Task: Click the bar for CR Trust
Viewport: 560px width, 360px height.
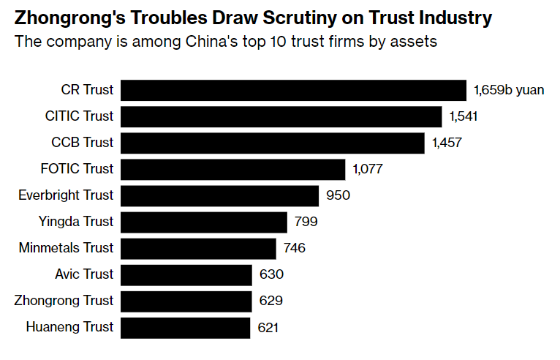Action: pos(293,90)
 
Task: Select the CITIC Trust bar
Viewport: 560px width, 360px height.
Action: pos(281,116)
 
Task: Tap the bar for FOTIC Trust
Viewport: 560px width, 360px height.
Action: pos(232,169)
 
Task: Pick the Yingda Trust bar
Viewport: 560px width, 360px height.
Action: pos(204,222)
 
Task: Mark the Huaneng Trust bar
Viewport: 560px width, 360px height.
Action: pos(185,327)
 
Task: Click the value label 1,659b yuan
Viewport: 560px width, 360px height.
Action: pos(509,90)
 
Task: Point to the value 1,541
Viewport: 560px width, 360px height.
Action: pos(463,116)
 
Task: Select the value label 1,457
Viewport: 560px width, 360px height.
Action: pos(446,143)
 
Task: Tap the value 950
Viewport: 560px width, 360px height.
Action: pos(338,195)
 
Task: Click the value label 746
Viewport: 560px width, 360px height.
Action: pos(294,248)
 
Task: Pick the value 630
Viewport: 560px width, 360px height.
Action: pos(271,274)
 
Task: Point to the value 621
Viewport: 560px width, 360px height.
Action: pos(269,327)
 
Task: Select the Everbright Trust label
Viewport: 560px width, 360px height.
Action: pos(66,195)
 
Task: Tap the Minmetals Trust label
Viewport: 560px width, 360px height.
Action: pos(66,248)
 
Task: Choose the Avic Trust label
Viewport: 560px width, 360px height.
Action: pos(84,274)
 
